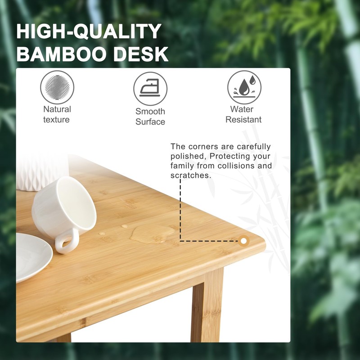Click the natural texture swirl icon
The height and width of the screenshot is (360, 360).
(x=57, y=87)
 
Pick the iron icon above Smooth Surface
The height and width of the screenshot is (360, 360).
(x=150, y=89)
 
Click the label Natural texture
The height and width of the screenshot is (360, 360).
(x=57, y=114)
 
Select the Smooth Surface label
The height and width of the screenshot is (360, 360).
(x=150, y=117)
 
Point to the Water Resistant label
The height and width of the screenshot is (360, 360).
(x=243, y=114)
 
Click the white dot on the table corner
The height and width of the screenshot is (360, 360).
(x=243, y=241)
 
